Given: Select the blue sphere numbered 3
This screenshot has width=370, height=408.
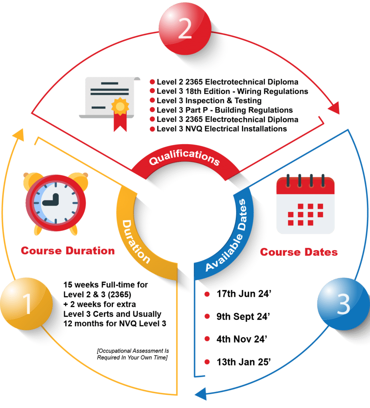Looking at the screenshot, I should [x=342, y=305].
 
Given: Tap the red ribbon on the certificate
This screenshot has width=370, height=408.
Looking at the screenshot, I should [x=119, y=117].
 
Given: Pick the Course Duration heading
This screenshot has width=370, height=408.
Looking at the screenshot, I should [x=68, y=251].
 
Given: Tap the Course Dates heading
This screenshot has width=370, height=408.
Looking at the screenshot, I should [x=299, y=252].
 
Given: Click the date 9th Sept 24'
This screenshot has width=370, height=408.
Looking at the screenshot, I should [x=243, y=317].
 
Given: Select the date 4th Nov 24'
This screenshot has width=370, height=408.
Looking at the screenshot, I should [x=241, y=339].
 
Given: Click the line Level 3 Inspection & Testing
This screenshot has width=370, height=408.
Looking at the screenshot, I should [x=209, y=101].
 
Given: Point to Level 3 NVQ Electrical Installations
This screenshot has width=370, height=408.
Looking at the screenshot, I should [x=222, y=129].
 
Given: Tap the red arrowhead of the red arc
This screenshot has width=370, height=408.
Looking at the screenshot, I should [x=334, y=107].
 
